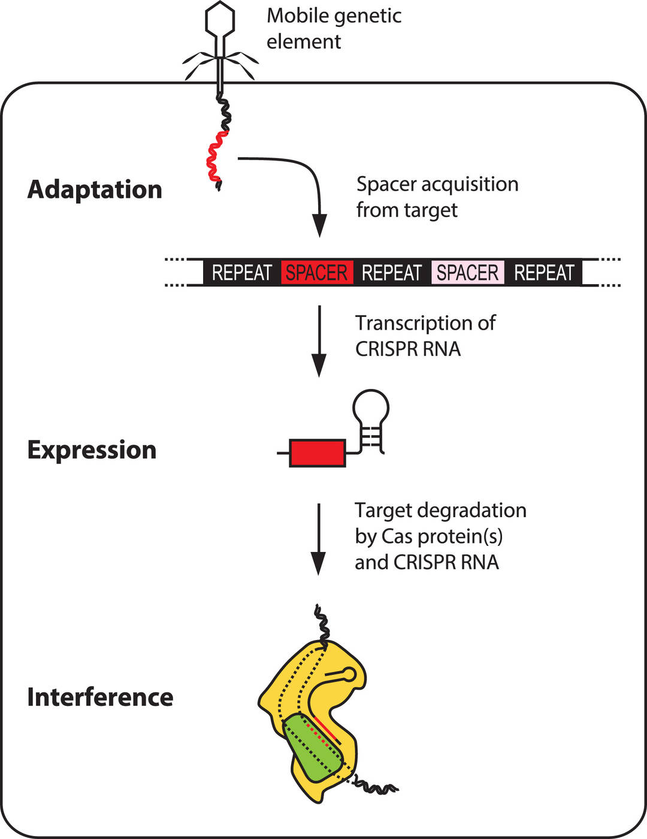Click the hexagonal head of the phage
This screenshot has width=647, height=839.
[x=220, y=19]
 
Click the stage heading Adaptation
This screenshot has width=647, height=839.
[x=95, y=189]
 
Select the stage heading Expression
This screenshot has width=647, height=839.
[x=92, y=449]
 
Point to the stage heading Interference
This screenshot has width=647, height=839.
[x=100, y=697]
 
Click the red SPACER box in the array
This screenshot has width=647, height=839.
[x=316, y=273]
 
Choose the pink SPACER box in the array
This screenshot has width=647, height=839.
[x=467, y=273]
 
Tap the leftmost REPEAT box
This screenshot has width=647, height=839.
[x=242, y=273]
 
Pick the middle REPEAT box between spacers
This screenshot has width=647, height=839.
[x=392, y=273]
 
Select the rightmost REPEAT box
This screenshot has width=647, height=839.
[x=544, y=273]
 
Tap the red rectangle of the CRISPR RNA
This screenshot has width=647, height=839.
[x=318, y=452]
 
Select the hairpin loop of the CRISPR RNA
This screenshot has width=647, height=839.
[x=371, y=409]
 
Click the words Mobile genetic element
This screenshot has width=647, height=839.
[x=334, y=28]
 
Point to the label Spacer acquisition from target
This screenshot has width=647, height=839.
[x=437, y=197]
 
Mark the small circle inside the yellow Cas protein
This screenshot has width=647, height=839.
[x=349, y=674]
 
